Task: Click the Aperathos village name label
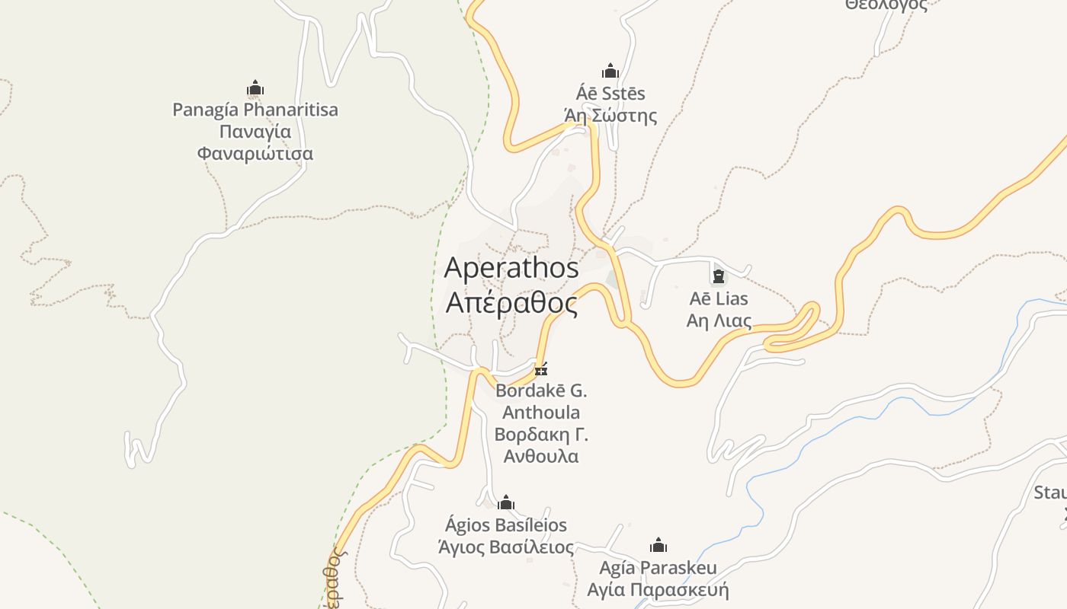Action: click(x=511, y=268)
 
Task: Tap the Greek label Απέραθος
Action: click(x=511, y=303)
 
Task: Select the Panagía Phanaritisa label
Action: click(x=255, y=110)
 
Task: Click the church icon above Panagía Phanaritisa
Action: click(x=255, y=88)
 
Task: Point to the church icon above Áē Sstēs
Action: click(x=610, y=72)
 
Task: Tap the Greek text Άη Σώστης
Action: click(x=610, y=116)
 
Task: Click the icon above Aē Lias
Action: click(x=718, y=276)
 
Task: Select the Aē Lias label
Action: click(x=718, y=298)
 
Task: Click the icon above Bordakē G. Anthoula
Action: click(x=541, y=370)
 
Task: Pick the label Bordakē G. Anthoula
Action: click(x=541, y=402)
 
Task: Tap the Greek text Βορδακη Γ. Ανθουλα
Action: click(x=541, y=446)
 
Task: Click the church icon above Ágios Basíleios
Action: click(x=506, y=503)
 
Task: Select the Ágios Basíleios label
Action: click(x=506, y=525)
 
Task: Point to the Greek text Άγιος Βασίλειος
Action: click(x=506, y=547)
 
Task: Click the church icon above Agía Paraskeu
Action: click(x=658, y=546)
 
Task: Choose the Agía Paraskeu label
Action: click(x=658, y=568)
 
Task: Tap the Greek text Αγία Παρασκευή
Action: click(x=658, y=590)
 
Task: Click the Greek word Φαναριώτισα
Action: click(x=255, y=154)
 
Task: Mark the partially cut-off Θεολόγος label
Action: click(x=886, y=5)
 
